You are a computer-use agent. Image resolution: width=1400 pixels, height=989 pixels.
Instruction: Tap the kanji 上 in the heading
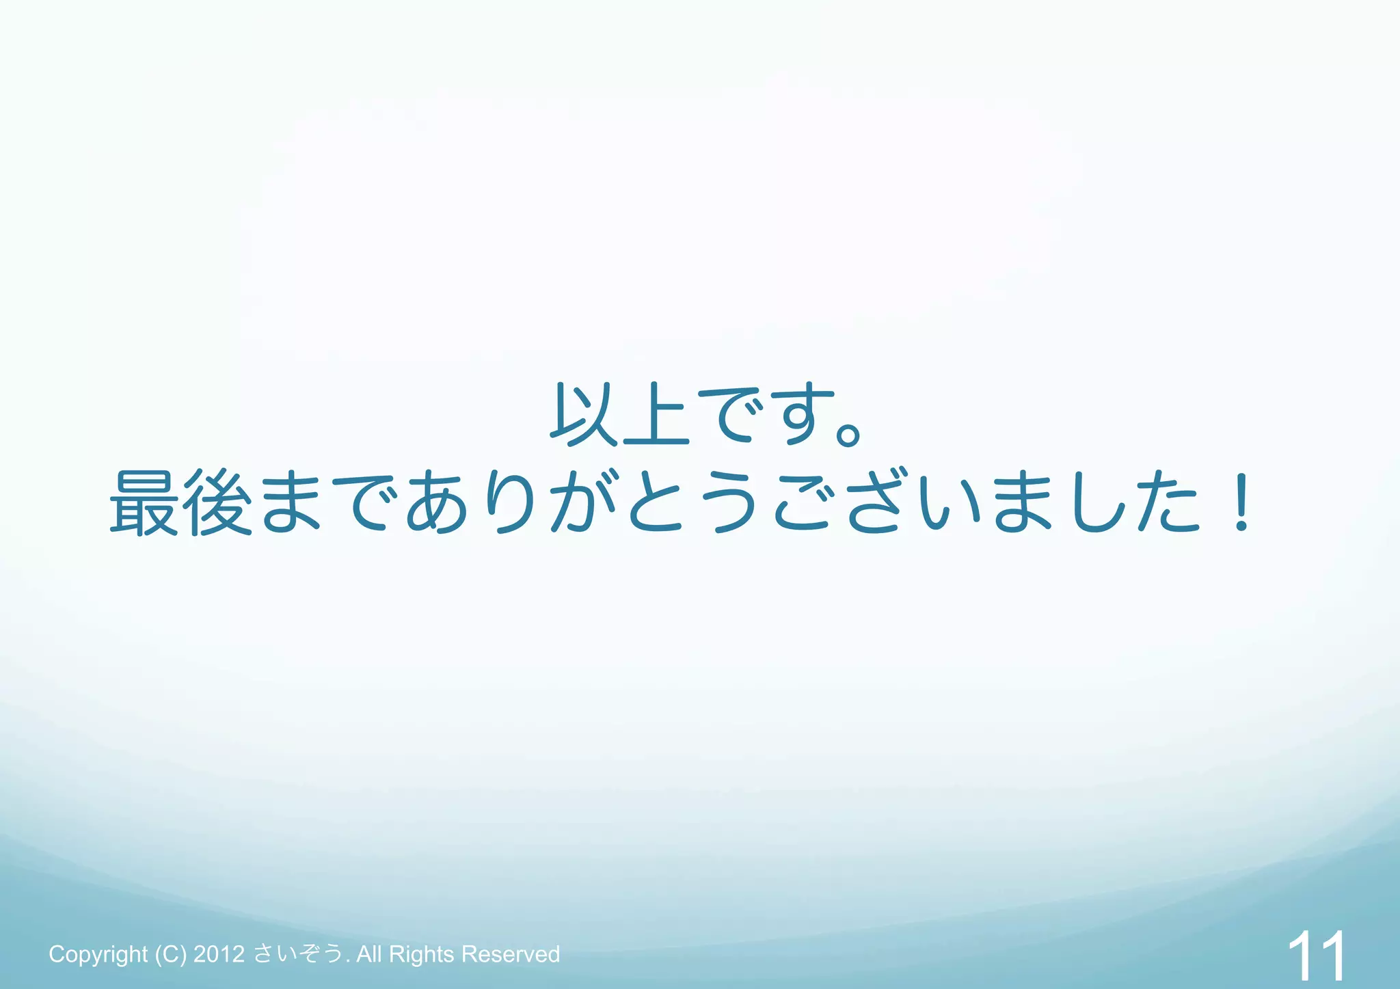(655, 415)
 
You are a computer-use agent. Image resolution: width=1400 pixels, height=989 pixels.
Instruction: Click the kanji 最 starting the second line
(144, 502)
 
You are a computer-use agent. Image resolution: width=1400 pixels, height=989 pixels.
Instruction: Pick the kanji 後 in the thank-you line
(217, 502)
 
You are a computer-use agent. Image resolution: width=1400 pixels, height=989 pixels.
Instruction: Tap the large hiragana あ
(437, 502)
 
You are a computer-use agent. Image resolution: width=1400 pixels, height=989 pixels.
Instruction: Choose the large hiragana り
(510, 502)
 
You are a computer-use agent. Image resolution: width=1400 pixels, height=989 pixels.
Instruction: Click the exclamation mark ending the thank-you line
(1241, 502)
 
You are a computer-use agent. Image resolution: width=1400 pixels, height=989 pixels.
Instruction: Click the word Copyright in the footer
(98, 954)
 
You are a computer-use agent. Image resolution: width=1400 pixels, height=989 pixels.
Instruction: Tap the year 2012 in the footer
(219, 954)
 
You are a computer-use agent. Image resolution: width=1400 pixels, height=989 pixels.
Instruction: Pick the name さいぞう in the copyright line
(298, 954)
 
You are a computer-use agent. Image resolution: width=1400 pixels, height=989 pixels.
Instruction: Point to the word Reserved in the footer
(511, 954)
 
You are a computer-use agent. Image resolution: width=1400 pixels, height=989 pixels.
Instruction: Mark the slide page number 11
(1316, 956)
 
